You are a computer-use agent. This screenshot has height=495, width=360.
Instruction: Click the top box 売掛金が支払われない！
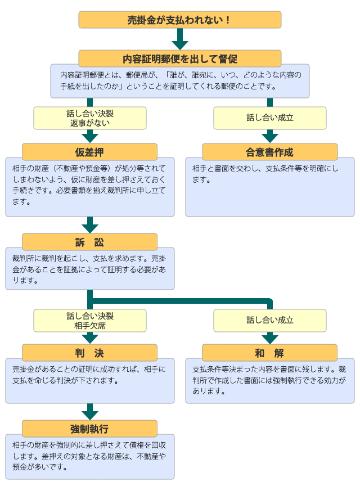pyautogui.click(x=179, y=20)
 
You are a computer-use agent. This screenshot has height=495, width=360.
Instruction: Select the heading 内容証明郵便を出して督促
pyautogui.click(x=179, y=58)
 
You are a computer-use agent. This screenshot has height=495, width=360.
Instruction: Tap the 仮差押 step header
pyautogui.click(x=89, y=152)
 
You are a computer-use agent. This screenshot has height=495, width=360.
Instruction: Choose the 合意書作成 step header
pyautogui.click(x=269, y=152)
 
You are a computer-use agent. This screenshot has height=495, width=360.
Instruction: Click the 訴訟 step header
pyautogui.click(x=89, y=242)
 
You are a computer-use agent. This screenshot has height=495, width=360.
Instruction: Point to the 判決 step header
pyautogui.click(x=89, y=353)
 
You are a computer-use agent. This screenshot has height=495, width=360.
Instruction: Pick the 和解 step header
pyautogui.click(x=269, y=353)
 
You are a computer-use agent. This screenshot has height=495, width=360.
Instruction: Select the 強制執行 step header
pyautogui.click(x=89, y=429)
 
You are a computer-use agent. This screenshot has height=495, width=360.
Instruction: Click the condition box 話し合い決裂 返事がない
pyautogui.click(x=89, y=118)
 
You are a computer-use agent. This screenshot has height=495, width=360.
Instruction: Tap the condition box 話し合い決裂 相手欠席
pyautogui.click(x=89, y=321)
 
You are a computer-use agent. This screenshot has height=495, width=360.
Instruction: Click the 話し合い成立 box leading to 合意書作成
pyautogui.click(x=269, y=118)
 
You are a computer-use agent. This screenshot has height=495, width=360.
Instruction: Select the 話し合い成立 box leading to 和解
pyautogui.click(x=269, y=321)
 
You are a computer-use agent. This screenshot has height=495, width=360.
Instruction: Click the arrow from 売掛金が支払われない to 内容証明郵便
pyautogui.click(x=179, y=39)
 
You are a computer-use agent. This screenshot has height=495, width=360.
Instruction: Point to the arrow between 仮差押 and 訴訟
pyautogui.click(x=89, y=225)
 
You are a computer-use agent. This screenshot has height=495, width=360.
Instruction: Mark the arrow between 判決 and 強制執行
pyautogui.click(x=89, y=412)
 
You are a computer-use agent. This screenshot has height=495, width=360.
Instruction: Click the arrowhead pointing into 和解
pyautogui.click(x=269, y=338)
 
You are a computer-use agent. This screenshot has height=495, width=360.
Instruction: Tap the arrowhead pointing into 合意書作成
pyautogui.click(x=269, y=137)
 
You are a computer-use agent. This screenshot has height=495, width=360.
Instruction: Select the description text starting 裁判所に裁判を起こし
pyautogui.click(x=89, y=269)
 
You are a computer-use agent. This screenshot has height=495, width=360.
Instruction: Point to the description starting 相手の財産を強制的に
pyautogui.click(x=89, y=456)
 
